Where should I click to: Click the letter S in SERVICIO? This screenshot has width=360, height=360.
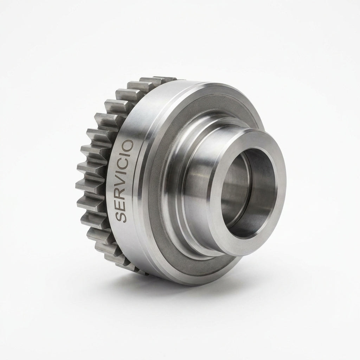click(x=121, y=217)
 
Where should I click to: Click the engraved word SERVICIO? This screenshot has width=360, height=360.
click(x=124, y=181)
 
